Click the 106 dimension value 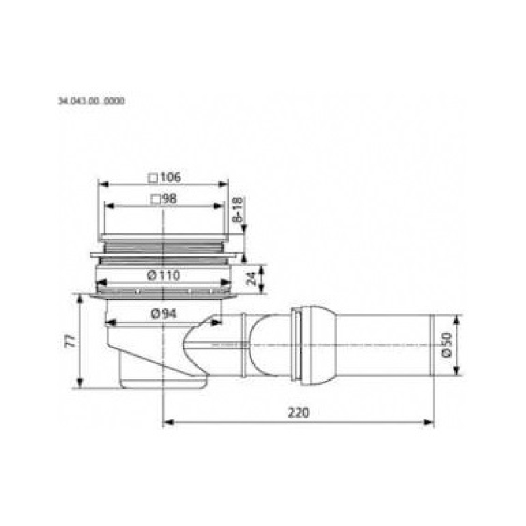click(171, 177)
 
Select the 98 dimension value click(169, 199)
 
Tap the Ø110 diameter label click(164, 275)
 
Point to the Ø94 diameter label click(164, 314)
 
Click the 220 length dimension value click(299, 412)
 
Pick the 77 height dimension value click(71, 341)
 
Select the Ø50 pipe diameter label click(447, 345)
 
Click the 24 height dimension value click(251, 278)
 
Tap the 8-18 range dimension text click(237, 210)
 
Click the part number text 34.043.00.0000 click(91, 101)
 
